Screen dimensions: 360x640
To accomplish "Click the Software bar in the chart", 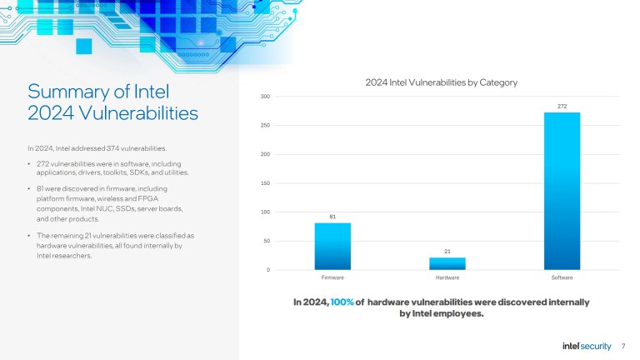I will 562,191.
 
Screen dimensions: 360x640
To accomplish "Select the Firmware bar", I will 332,246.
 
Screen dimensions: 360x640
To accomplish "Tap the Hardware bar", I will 447,263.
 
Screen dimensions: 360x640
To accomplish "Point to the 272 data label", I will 562,106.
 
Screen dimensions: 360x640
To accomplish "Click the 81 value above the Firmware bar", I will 332,217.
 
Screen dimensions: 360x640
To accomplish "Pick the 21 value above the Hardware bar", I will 447,251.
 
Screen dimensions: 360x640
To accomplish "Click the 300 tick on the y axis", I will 264,97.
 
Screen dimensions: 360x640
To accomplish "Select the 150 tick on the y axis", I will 264,183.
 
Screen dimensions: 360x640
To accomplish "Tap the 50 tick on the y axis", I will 266,241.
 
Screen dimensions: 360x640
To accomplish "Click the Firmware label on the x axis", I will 332,277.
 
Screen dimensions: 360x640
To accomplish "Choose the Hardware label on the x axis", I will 447,277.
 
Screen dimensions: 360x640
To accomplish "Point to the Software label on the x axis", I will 562,277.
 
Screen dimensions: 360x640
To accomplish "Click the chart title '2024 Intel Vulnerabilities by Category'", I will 442,82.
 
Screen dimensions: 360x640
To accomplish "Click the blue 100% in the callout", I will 342,302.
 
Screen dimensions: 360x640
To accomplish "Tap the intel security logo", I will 587,346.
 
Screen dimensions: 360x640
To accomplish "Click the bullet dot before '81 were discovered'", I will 29,189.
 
